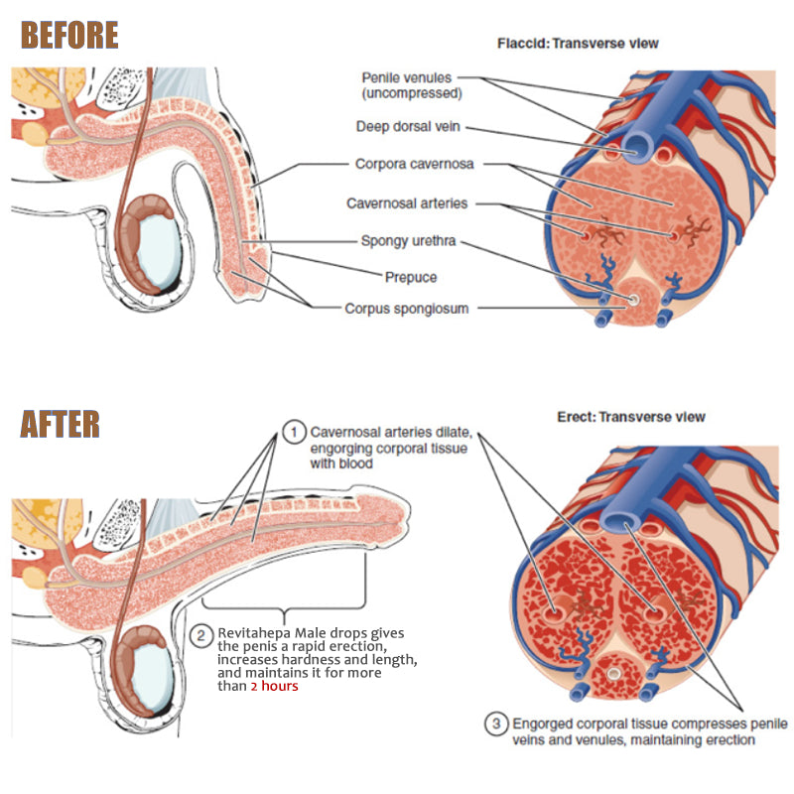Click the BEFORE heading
pyautogui.click(x=69, y=35)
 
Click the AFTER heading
pyautogui.click(x=61, y=423)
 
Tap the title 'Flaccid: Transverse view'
pyautogui.click(x=578, y=44)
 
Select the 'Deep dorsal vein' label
pyautogui.click(x=408, y=127)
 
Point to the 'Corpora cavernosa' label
pyautogui.click(x=414, y=165)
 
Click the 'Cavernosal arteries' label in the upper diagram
pyautogui.click(x=407, y=203)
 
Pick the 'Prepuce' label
pyautogui.click(x=411, y=277)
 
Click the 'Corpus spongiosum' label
pyautogui.click(x=407, y=309)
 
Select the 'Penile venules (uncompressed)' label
pyautogui.click(x=407, y=84)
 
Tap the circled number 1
pyautogui.click(x=293, y=433)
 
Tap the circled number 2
pyautogui.click(x=199, y=634)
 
